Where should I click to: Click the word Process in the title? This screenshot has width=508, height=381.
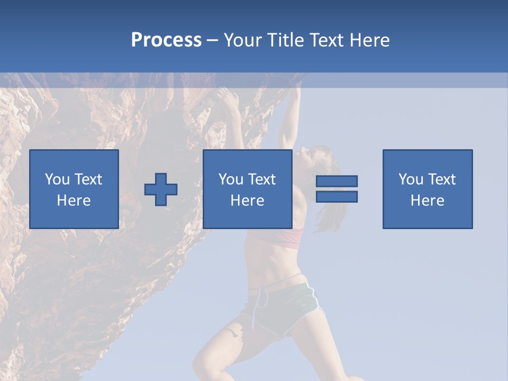pyautogui.click(x=166, y=40)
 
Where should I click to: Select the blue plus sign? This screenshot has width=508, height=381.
pyautogui.click(x=161, y=189)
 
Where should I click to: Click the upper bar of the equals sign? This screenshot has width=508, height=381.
pyautogui.click(x=337, y=182)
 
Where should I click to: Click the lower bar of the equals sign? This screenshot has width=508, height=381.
pyautogui.click(x=337, y=197)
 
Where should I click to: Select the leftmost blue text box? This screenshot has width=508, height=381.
pyautogui.click(x=74, y=189)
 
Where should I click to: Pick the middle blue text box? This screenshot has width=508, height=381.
pyautogui.click(x=247, y=189)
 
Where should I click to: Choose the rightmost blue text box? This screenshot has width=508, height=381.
pyautogui.click(x=428, y=189)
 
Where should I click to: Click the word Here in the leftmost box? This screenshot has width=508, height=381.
pyautogui.click(x=74, y=201)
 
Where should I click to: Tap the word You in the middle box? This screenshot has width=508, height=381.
pyautogui.click(x=231, y=179)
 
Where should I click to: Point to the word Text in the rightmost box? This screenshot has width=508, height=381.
pyautogui.click(x=442, y=179)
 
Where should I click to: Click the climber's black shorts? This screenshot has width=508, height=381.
pyautogui.click(x=286, y=307)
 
